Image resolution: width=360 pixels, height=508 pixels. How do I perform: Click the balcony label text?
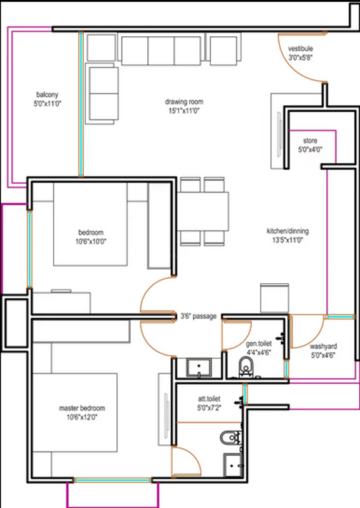(48, 95)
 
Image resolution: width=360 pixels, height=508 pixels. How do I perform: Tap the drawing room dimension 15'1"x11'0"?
(183, 110)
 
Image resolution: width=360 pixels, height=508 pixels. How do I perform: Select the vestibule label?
(300, 49)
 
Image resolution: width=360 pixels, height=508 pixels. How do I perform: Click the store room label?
(310, 140)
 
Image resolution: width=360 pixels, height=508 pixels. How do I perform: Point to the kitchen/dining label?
(288, 231)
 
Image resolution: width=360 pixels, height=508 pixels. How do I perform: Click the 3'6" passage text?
(198, 316)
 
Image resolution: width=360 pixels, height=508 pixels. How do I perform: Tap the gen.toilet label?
(258, 344)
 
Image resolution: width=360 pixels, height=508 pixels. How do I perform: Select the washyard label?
(323, 346)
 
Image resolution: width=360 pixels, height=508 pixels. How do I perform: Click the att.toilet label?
(209, 399)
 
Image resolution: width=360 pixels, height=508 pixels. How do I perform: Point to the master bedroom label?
(82, 408)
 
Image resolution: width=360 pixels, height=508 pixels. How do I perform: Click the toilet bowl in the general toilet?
(246, 368)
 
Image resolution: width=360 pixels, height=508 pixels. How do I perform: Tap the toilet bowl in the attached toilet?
(230, 438)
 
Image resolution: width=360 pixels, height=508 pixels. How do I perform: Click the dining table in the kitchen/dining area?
(203, 211)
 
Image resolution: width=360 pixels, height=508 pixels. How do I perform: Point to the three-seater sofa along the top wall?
(161, 51)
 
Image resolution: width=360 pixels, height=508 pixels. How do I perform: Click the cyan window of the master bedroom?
(112, 480)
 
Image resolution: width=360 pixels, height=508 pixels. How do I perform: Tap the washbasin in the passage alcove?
(199, 368)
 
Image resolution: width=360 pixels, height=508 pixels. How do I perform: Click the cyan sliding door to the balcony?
(81, 104)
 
